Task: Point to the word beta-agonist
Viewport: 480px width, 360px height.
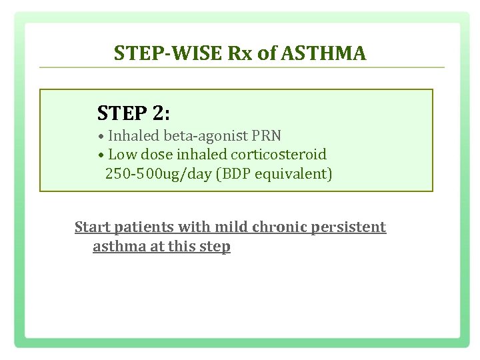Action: (x=205, y=136)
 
